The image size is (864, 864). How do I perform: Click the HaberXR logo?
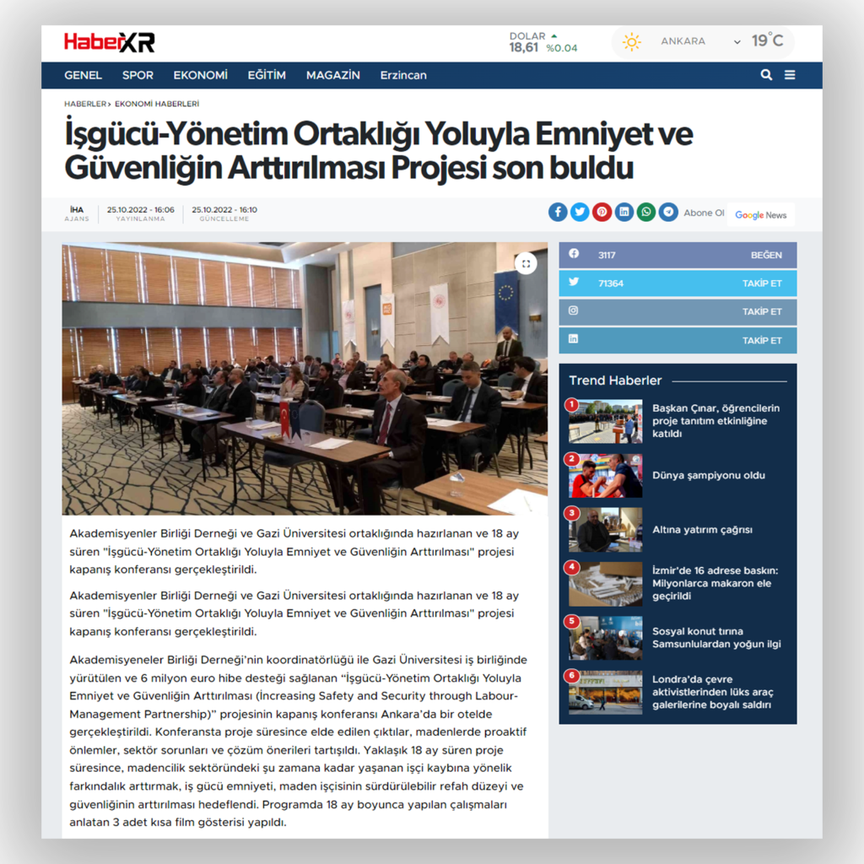pos(109,42)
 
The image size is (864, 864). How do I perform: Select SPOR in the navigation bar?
pos(138,75)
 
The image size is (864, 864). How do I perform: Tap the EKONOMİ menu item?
pos(200,75)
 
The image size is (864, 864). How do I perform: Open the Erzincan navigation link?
pos(403,75)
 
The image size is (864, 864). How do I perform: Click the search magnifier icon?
pos(766,74)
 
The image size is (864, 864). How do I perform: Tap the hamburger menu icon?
pos(790,74)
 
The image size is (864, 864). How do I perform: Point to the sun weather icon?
pos(631,41)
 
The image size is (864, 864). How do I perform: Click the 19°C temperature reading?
pos(767,40)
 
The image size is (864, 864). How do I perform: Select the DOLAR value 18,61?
pos(524,48)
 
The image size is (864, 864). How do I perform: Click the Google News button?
pos(760,214)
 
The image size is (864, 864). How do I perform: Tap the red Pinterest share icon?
pos(602,212)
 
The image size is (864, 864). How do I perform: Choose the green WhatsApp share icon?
pos(645,212)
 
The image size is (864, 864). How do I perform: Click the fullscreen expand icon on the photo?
pos(526,263)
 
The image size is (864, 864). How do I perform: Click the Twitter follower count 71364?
pos(611,283)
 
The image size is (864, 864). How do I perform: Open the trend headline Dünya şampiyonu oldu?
pos(709,475)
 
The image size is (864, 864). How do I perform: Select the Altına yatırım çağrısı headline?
pos(702,530)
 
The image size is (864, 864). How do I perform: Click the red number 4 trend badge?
pos(573,567)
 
